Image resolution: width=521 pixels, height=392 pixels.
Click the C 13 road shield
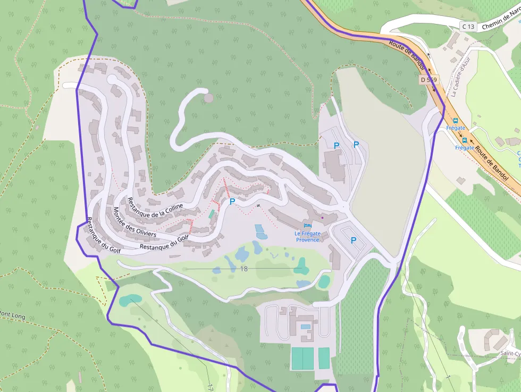click(468, 27)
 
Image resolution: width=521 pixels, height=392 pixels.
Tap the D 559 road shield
click(428, 80)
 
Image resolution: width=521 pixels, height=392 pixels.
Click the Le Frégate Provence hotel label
click(308, 237)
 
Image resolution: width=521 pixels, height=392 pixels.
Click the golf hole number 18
click(243, 269)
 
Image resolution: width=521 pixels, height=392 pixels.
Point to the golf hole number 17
click(211, 387)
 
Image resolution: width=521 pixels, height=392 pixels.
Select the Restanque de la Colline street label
click(155, 207)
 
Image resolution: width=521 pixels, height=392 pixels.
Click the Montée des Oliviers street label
click(135, 222)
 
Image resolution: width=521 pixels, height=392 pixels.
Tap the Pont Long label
click(12, 315)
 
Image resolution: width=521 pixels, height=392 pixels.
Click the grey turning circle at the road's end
click(208, 98)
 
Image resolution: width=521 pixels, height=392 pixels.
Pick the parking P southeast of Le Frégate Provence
click(354, 240)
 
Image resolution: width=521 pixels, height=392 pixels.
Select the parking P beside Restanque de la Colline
click(232, 202)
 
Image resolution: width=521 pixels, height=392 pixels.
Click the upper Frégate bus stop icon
click(456, 121)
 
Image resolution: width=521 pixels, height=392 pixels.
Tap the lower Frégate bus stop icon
click(464, 140)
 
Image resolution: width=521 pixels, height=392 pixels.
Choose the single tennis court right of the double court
click(324, 358)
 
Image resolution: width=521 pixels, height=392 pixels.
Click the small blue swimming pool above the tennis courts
click(305, 327)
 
